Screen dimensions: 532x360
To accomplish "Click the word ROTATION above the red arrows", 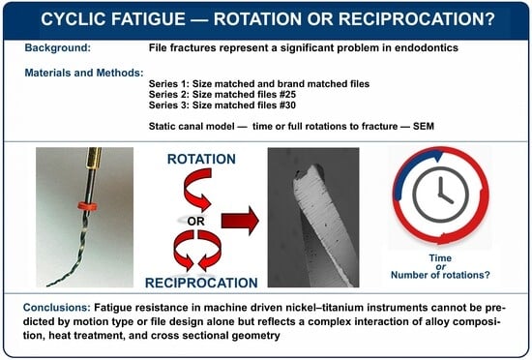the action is pos(201,159).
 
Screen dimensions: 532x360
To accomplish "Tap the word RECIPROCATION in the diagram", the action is pos(201,283).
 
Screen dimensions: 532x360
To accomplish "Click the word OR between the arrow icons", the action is pos(195,222).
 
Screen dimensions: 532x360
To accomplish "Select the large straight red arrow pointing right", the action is pos(240,221).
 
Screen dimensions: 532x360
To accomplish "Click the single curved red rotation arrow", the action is pos(197,190).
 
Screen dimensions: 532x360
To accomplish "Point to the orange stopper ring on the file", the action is pos(87,205).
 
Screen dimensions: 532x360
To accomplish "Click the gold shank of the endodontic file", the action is pos(94,158).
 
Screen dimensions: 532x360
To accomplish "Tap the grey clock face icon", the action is pos(440,195).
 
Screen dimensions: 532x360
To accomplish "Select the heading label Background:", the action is pos(58,47).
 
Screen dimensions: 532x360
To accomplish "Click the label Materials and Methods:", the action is pos(84,73).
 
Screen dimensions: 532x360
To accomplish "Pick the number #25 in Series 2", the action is pos(287,94).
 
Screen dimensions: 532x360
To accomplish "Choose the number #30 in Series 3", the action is pos(287,105).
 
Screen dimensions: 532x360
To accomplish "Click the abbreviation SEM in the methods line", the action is pos(424,126).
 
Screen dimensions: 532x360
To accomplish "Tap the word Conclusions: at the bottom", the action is pos(57,308).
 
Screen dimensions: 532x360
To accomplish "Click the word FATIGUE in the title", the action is pos(149,19).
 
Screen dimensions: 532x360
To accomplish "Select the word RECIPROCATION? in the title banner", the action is pos(417,19).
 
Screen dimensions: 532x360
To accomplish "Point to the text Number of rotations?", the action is pos(440,275).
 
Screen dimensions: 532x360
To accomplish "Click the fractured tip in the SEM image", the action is pos(308,173).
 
